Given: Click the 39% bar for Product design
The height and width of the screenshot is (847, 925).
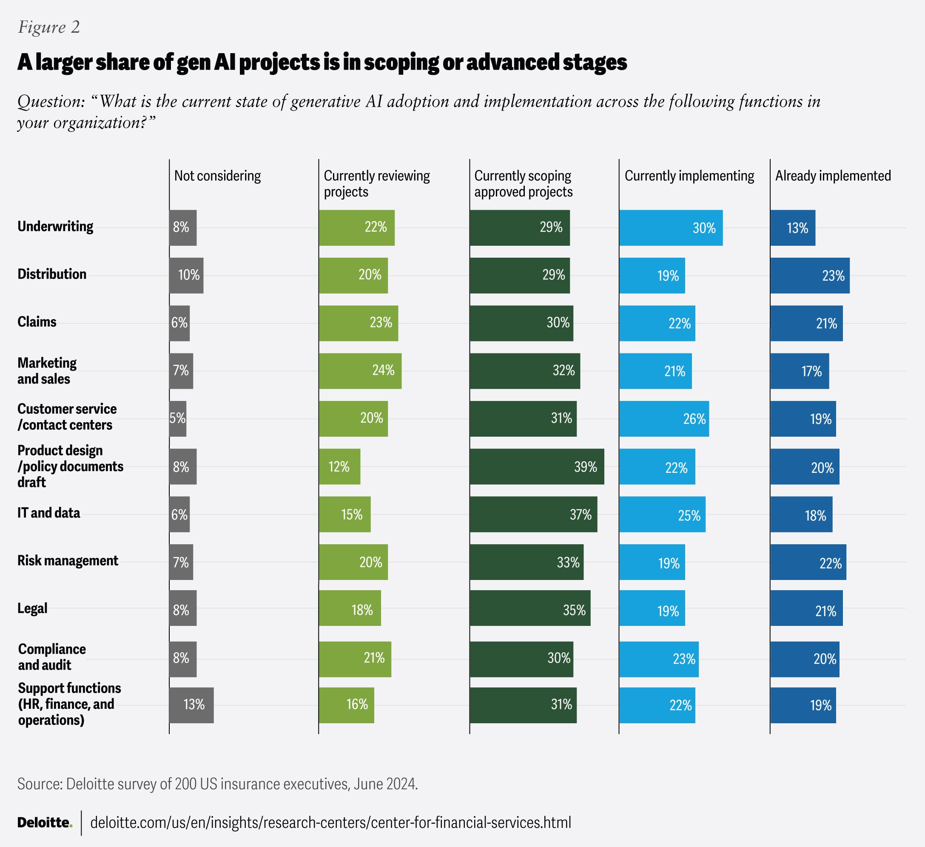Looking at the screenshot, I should [537, 466].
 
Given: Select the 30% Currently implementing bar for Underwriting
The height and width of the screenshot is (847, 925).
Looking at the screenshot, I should [671, 228].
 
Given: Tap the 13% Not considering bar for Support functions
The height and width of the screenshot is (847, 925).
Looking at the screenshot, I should [191, 705].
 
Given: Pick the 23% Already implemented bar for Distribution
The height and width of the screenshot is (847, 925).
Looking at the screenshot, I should [810, 276].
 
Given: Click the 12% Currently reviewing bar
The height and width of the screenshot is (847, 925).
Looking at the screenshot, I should [339, 466].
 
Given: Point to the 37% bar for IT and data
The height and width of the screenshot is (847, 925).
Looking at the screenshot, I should [533, 514].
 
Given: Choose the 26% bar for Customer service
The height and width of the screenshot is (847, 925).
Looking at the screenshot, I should [664, 419].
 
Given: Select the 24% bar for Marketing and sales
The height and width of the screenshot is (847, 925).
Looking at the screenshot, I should [360, 371].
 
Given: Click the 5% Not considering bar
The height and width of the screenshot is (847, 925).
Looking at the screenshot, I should [178, 419].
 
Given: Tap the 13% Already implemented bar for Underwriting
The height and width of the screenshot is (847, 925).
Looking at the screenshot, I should [793, 228].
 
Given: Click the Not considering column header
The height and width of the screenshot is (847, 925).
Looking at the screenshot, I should [217, 176].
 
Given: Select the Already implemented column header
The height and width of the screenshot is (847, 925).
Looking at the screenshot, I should [833, 176].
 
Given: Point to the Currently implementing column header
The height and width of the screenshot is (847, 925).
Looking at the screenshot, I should [689, 176].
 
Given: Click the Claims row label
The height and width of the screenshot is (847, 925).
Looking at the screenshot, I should [37, 321].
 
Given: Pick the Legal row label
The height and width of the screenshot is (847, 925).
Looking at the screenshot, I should [33, 608].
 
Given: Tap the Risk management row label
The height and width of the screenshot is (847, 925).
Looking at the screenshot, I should [68, 561].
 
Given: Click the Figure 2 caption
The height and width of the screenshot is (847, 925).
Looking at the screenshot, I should [49, 27].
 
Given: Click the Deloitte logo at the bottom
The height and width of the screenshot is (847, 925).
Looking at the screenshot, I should [45, 823].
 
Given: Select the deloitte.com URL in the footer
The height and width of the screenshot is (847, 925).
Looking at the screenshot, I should [330, 823].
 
